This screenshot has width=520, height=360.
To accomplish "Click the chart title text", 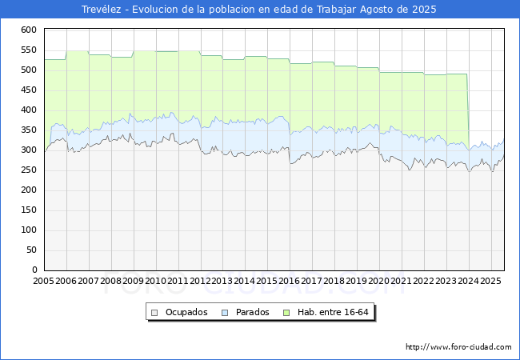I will [x=260, y=10].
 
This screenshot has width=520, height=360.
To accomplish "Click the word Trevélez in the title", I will [x=101, y=10].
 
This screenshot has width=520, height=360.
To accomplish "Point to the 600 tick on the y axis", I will [x=30, y=30].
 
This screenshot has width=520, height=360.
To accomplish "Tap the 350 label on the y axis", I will [x=30, y=130].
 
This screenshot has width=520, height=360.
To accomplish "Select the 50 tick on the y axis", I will [x=32, y=250].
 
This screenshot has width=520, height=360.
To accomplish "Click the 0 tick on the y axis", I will [x=34, y=270].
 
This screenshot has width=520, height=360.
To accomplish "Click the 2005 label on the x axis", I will [x=44, y=282].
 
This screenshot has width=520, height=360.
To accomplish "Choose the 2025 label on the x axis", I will [x=491, y=282].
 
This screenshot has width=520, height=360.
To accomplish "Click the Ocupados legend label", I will [x=187, y=312].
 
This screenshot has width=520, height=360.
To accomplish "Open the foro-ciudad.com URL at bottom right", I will [x=458, y=347].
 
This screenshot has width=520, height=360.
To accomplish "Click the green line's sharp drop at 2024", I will [x=468, y=112].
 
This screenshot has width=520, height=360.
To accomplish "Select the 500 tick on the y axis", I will [x=30, y=70].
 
